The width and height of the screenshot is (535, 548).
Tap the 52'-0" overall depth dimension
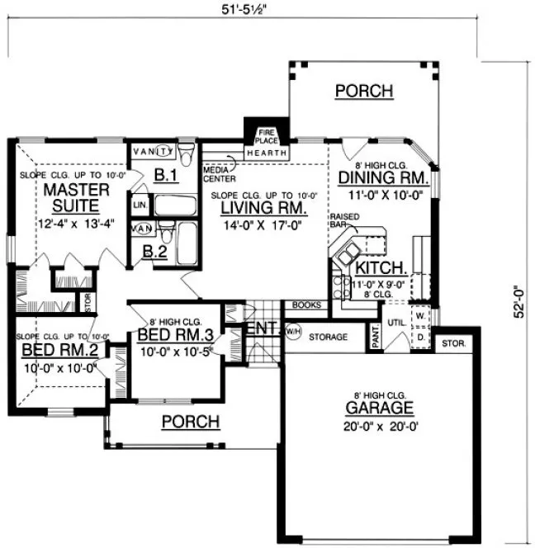(518, 302)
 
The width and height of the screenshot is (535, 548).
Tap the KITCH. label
(380, 268)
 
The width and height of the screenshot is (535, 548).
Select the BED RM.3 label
(175, 336)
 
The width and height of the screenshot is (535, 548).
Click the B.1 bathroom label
(167, 174)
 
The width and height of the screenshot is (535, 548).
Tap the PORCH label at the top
(363, 91)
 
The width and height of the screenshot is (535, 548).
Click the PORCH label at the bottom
(190, 422)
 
